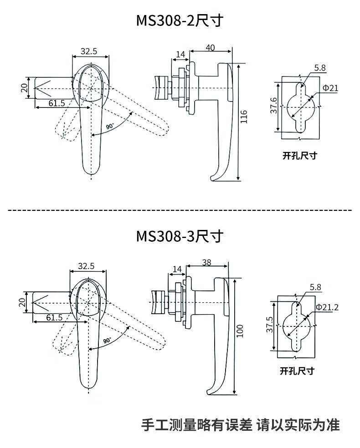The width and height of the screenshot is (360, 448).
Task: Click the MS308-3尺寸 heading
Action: point(180,237)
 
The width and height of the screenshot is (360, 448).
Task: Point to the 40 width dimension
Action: point(210,47)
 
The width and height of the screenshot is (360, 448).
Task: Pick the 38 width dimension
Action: point(206,262)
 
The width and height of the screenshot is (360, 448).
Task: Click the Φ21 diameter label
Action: point(330,88)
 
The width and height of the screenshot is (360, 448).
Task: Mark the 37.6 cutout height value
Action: point(274,106)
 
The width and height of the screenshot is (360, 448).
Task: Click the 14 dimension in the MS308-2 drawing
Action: point(180,54)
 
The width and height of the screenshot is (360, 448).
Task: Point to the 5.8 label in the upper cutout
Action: point(319,68)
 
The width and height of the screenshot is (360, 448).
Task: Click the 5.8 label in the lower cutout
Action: point(315,287)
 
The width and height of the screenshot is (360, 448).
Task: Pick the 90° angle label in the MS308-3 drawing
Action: point(107,340)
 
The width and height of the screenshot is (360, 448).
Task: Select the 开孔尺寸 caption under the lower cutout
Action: point(297,371)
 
